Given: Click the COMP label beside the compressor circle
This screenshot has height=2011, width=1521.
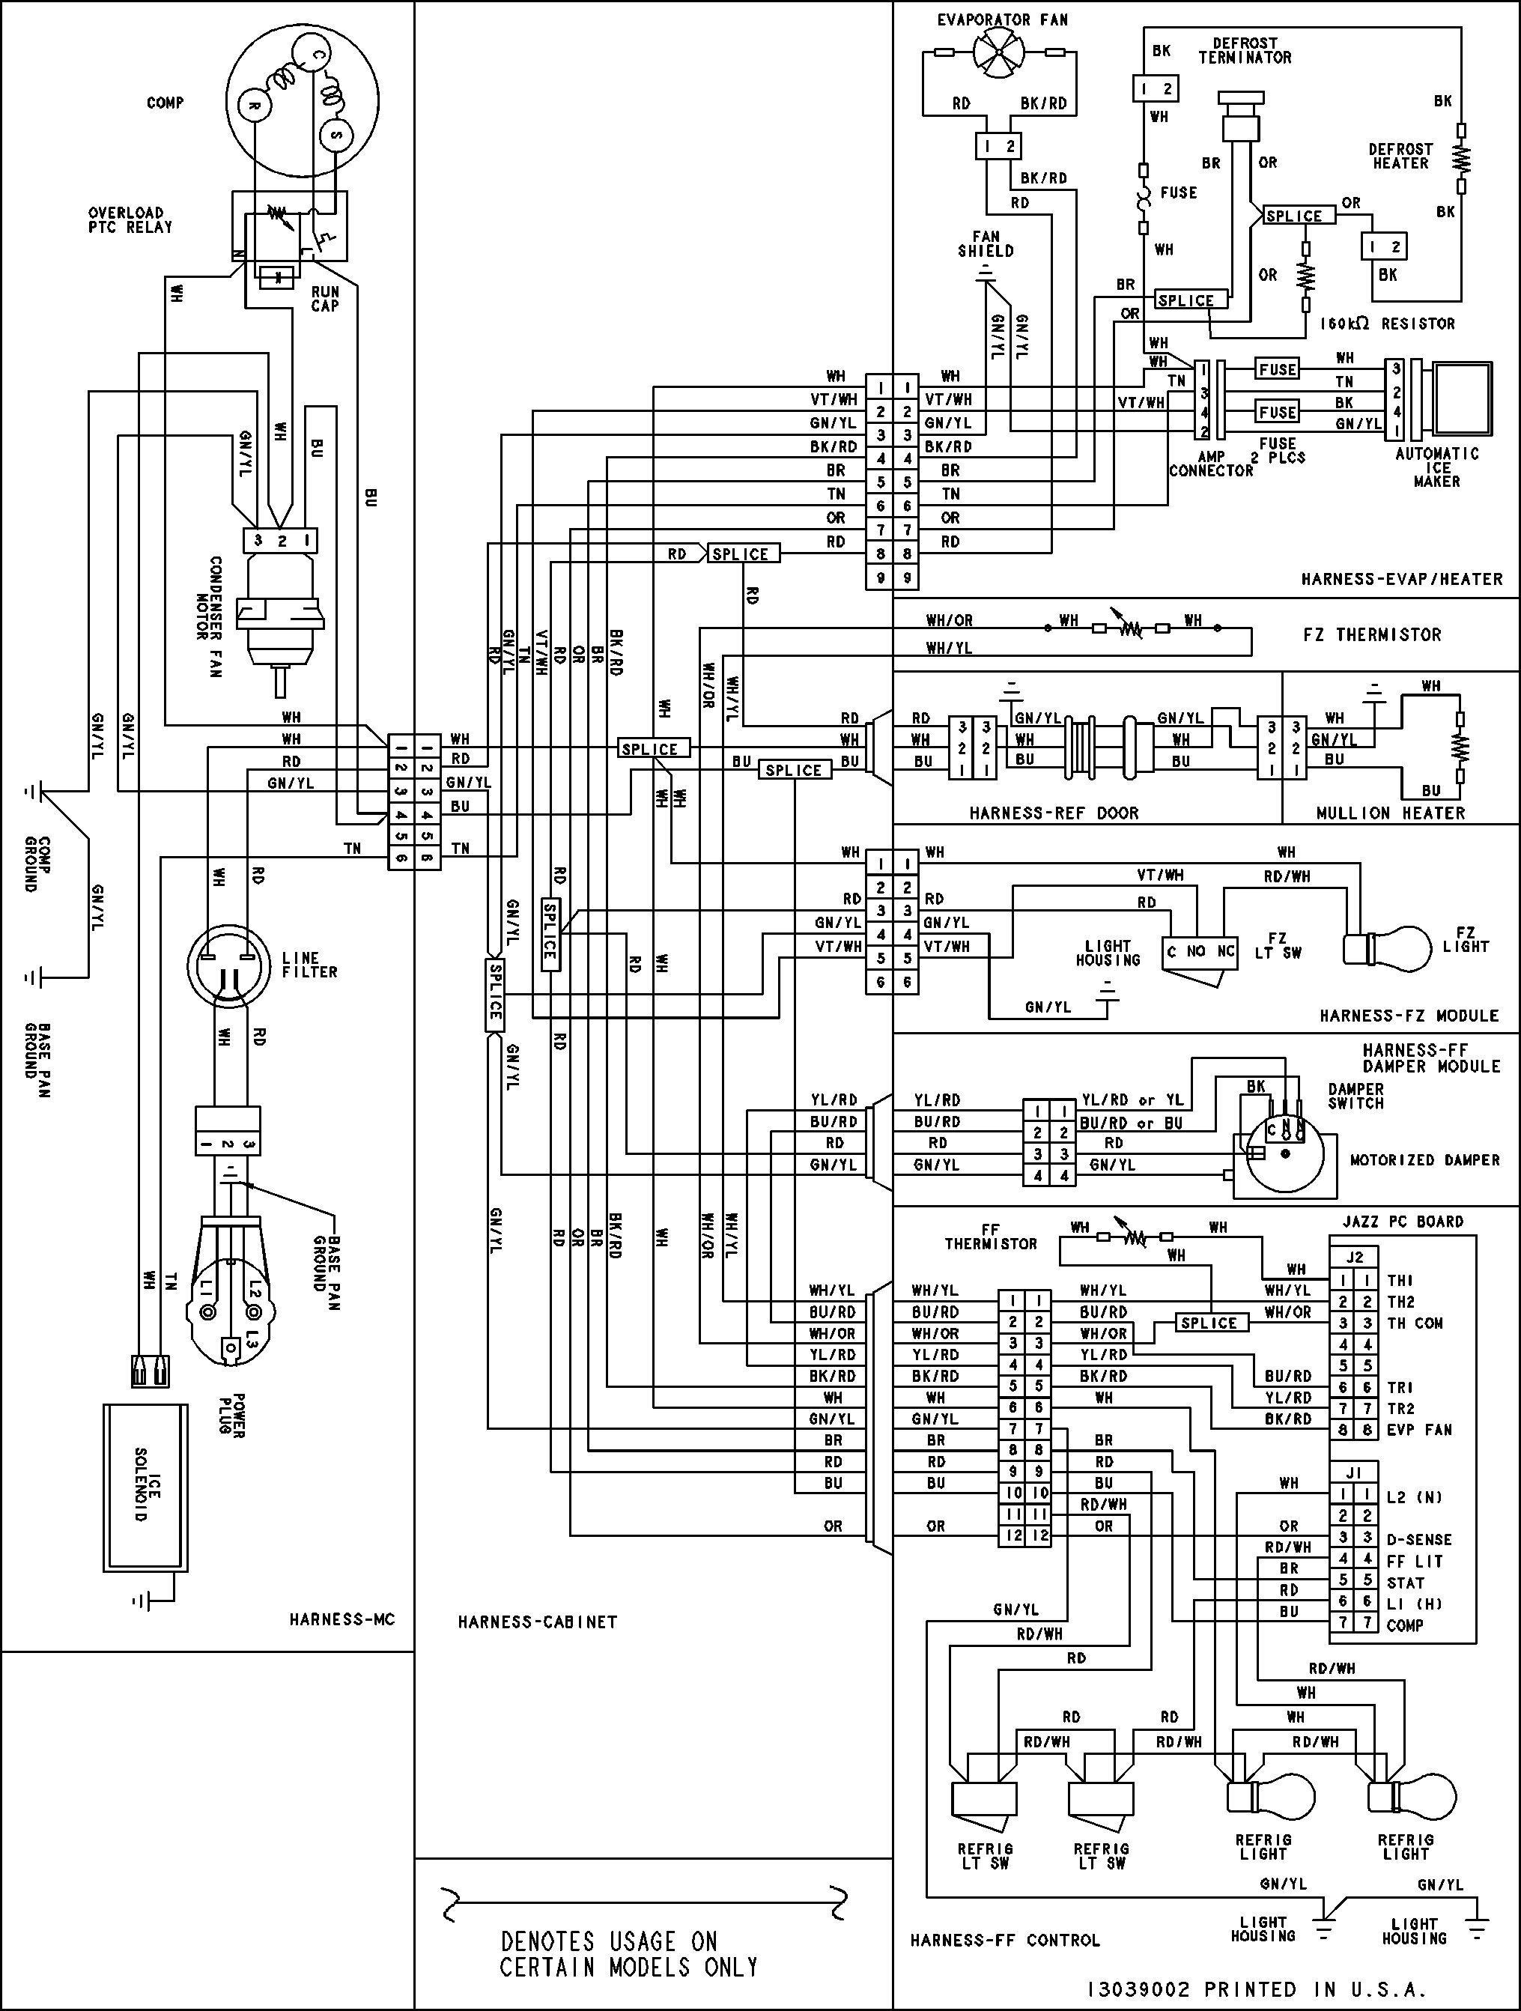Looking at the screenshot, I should point(165,103).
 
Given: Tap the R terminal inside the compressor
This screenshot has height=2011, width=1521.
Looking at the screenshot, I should point(255,106).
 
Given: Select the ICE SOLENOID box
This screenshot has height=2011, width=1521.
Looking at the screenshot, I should point(145,1487).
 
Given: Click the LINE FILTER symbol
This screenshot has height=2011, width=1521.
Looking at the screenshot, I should point(228,965).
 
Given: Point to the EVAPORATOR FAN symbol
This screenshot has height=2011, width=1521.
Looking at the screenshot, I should point(998,52).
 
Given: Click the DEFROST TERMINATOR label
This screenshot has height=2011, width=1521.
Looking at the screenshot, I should point(1245,51).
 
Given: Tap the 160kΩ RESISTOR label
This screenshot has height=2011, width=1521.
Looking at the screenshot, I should point(1388,324).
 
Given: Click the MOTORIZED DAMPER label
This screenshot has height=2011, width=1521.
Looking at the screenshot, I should point(1424,1160).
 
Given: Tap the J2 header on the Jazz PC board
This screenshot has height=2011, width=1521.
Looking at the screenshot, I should point(1355,1258).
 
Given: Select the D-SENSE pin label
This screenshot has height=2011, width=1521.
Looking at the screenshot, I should point(1419,1540).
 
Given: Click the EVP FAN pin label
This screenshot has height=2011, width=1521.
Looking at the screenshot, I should point(1418,1430).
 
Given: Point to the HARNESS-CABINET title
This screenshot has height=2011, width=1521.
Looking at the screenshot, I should point(537,1622).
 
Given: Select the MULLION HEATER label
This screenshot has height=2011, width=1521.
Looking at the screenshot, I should point(1390,813).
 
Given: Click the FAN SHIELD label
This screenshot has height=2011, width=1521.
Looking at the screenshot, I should point(986,243).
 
